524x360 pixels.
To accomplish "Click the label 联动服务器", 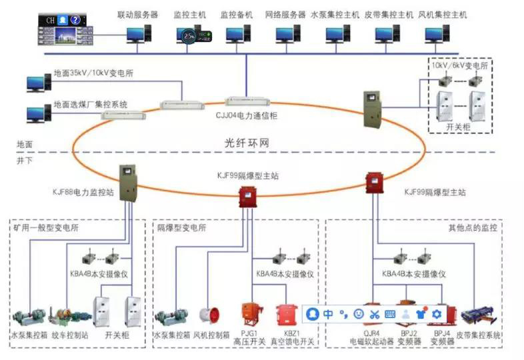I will pos(137,14).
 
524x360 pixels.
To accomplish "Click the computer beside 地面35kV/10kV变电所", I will pos(35,83).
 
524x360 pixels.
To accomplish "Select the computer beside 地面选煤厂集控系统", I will pos(35,114).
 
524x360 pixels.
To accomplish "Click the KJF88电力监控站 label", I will pos(83,192).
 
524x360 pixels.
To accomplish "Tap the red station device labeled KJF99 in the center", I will pos(248,197).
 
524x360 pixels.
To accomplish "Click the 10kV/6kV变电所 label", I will pos(461,67).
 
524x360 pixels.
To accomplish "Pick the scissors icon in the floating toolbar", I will pos(375,313).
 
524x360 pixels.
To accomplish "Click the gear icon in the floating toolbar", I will pos(437,313).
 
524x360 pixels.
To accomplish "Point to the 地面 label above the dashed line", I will pos(25,144).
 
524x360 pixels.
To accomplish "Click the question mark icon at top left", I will pos(76,20).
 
